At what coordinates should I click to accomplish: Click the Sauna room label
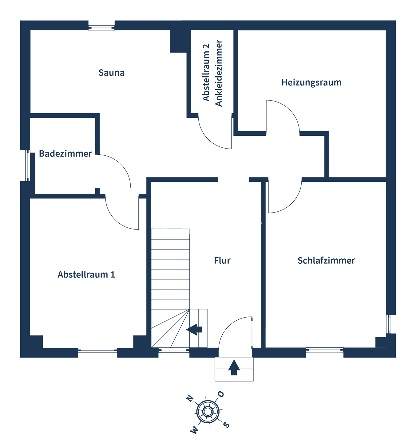coord(111,73)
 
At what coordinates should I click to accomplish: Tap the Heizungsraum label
coord(311,82)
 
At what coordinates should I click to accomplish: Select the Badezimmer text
coord(65,154)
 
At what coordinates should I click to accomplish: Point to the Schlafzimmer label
coord(326,261)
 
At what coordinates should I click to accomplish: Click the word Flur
coord(222,261)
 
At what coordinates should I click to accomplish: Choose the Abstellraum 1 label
coord(86,274)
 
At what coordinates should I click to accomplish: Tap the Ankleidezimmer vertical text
coord(219,73)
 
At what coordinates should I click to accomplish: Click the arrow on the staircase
coord(194,329)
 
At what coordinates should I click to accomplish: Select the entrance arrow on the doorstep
coord(234,367)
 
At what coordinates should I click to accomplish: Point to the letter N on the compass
coord(190,399)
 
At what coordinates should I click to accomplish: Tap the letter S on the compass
coord(226,425)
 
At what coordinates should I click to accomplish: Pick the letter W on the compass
coord(194,430)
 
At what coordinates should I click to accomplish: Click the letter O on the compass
coord(221,394)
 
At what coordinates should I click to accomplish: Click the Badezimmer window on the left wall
coord(27,166)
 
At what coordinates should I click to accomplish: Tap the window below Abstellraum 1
coord(97,350)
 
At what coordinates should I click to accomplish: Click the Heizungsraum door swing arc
coord(291,111)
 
